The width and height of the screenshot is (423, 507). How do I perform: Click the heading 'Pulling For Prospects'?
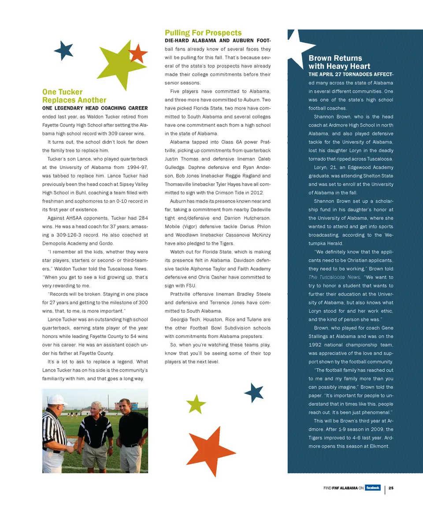tap(203, 33)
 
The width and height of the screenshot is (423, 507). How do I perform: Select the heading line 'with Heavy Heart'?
tap(339, 66)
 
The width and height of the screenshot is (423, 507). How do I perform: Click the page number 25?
tap(391, 488)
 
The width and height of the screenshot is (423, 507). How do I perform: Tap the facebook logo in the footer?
tap(372, 488)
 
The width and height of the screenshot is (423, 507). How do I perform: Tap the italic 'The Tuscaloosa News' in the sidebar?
tap(328, 277)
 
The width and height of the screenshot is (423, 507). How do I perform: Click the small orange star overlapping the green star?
tap(138, 53)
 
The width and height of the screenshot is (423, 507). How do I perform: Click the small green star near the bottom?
tap(196, 404)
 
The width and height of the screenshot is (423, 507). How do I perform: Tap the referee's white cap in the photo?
tap(57, 400)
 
